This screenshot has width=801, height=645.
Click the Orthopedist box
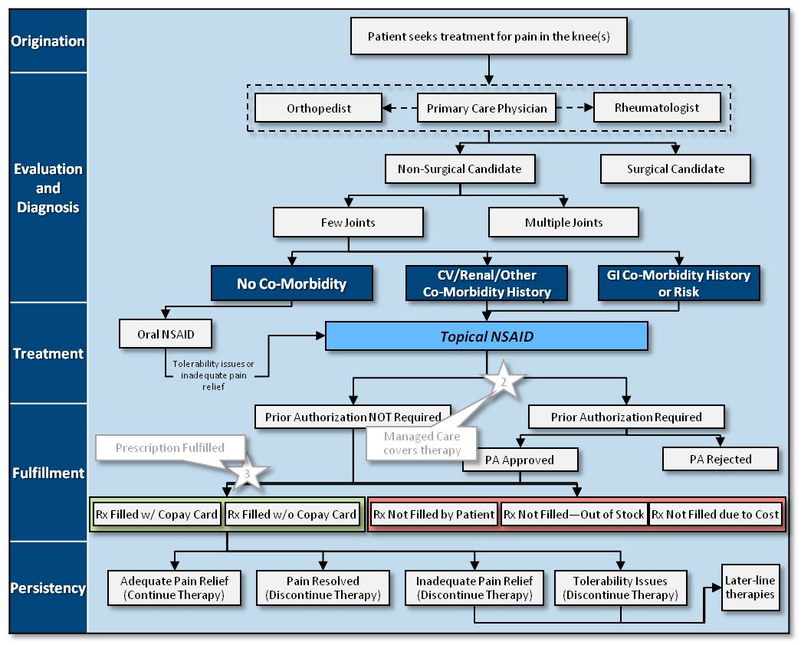tap(319, 108)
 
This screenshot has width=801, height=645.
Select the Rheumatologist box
tap(657, 107)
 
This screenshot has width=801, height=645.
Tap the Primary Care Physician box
tap(487, 108)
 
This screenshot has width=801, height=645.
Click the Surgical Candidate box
tap(675, 169)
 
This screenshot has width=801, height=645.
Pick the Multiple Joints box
tap(563, 222)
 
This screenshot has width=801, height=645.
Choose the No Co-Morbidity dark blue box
tap(291, 283)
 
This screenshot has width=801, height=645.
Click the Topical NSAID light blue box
tap(487, 336)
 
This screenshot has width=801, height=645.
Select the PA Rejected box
tap(719, 459)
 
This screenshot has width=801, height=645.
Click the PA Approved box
tap(520, 460)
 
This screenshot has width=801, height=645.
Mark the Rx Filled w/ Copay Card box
tap(156, 514)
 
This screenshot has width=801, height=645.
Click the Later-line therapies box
tap(750, 588)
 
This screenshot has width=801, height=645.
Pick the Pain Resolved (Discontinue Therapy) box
tap(323, 588)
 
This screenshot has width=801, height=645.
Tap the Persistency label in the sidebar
tap(48, 588)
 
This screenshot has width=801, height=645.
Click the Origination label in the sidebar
tap(48, 41)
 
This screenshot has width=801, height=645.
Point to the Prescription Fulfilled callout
tap(170, 447)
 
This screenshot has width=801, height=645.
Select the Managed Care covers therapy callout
tap(422, 444)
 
